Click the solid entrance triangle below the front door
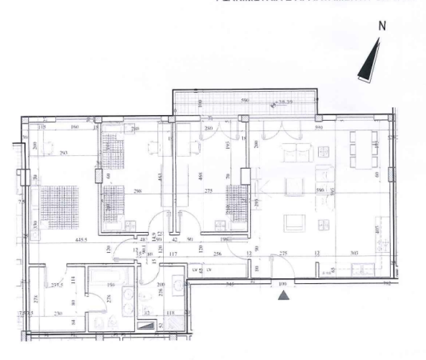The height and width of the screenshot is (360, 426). pos(283,297)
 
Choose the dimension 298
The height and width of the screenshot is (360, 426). pos(137,191)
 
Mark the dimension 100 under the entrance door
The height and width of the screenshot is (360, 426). pos(282,284)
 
